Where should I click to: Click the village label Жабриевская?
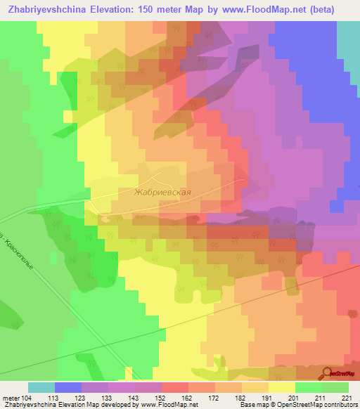[162, 191]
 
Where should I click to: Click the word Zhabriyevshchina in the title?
[48, 10]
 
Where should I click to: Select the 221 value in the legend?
[347, 398]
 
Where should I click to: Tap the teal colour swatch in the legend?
[41, 387]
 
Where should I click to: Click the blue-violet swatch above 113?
[67, 387]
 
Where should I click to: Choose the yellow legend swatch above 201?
[281, 387]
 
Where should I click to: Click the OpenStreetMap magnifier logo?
[327, 372]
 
